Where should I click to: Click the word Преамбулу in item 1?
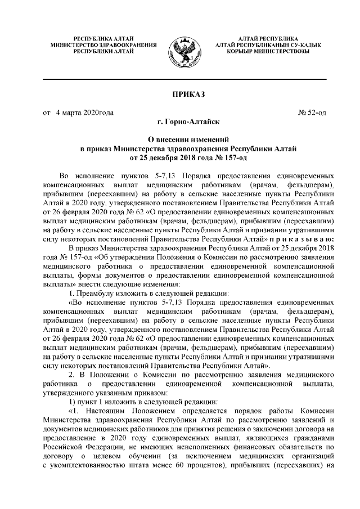pos(94,294)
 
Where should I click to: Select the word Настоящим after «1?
pos(106,412)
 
